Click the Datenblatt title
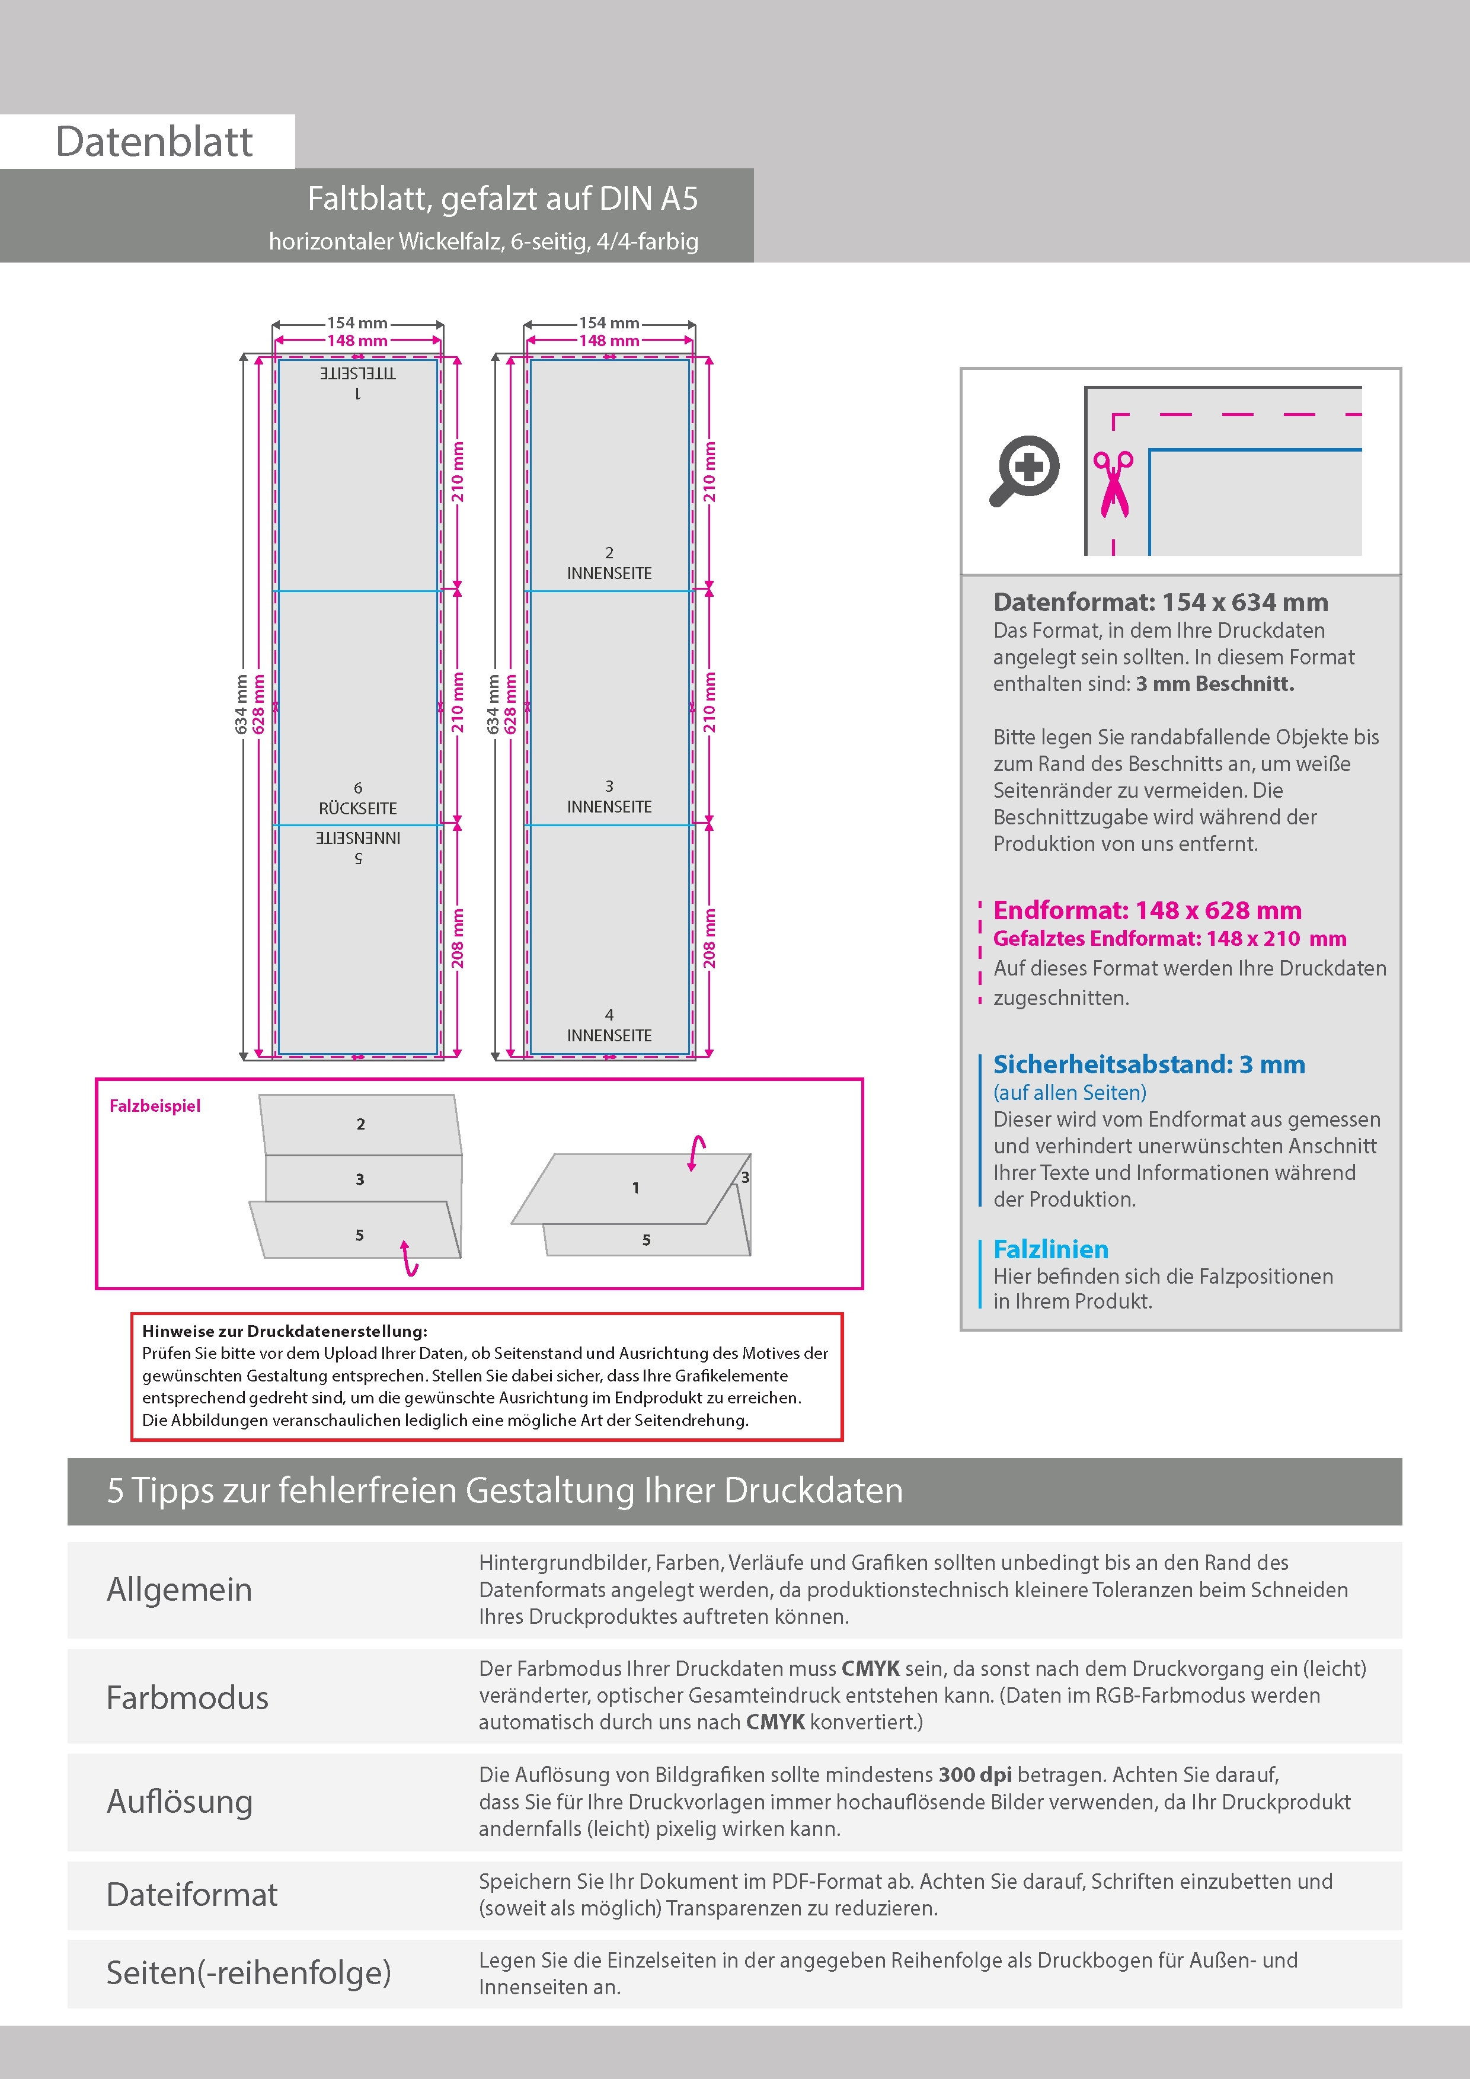click(154, 142)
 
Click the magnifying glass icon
click(1024, 471)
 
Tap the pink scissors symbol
click(1113, 484)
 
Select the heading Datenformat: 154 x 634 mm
click(1160, 602)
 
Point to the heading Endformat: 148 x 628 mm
click(1146, 910)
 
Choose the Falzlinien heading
click(1051, 1249)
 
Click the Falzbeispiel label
click(155, 1106)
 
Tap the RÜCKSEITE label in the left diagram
click(358, 808)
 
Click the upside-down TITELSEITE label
click(358, 373)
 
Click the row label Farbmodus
click(187, 1698)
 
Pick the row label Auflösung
click(180, 1801)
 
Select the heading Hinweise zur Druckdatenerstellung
click(285, 1331)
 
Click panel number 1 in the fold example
click(636, 1188)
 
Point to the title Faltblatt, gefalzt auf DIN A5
click(503, 199)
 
